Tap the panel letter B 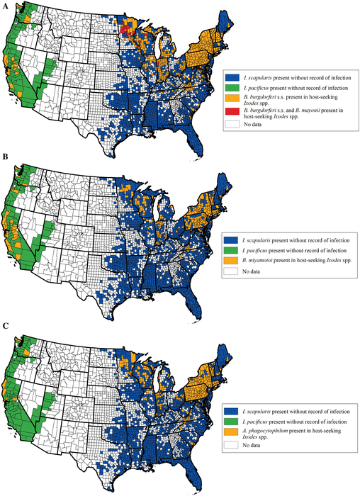click(6, 169)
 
